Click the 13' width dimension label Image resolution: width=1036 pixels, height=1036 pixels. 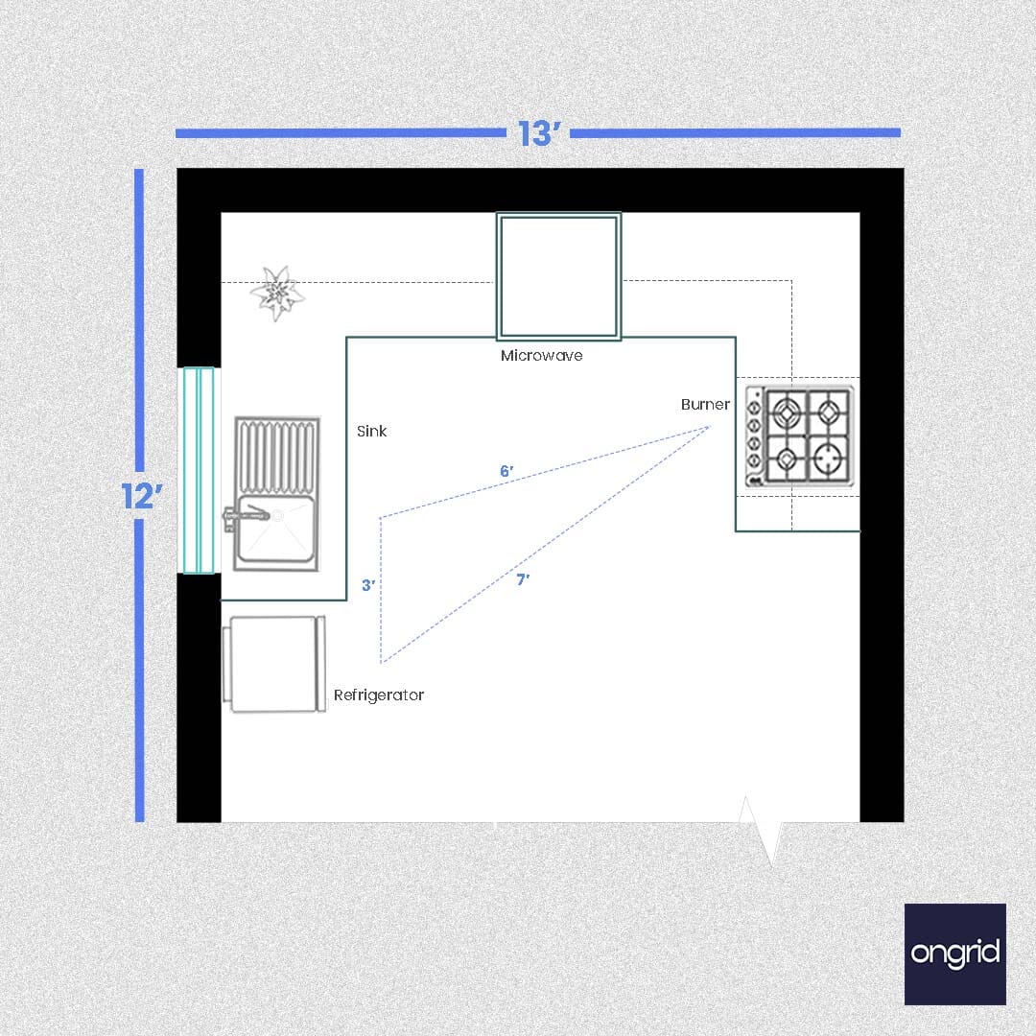click(538, 133)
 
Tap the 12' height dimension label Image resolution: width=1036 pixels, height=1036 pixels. click(142, 496)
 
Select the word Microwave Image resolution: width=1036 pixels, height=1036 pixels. click(542, 356)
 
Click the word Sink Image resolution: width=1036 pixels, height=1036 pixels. click(371, 432)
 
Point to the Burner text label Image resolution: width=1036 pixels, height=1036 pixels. click(705, 405)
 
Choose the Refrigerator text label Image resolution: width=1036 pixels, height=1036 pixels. click(379, 695)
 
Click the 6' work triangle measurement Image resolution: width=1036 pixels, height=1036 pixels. click(506, 471)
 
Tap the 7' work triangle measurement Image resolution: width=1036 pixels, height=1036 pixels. click(523, 579)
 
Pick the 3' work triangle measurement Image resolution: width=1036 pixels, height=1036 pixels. click(368, 585)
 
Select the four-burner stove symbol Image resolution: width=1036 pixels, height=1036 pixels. click(799, 436)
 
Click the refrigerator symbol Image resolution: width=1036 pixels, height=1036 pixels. click(274, 665)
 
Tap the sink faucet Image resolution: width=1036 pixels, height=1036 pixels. click(246, 515)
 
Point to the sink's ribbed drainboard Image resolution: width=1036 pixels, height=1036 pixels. click(277, 456)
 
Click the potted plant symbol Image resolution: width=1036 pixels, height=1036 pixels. click(277, 293)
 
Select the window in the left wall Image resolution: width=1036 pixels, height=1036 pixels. click(199, 470)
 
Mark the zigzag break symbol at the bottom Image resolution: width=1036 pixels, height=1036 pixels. click(761, 831)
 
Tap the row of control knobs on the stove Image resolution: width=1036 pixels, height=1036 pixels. click(753, 435)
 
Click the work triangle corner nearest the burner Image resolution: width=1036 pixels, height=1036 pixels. click(709, 428)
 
